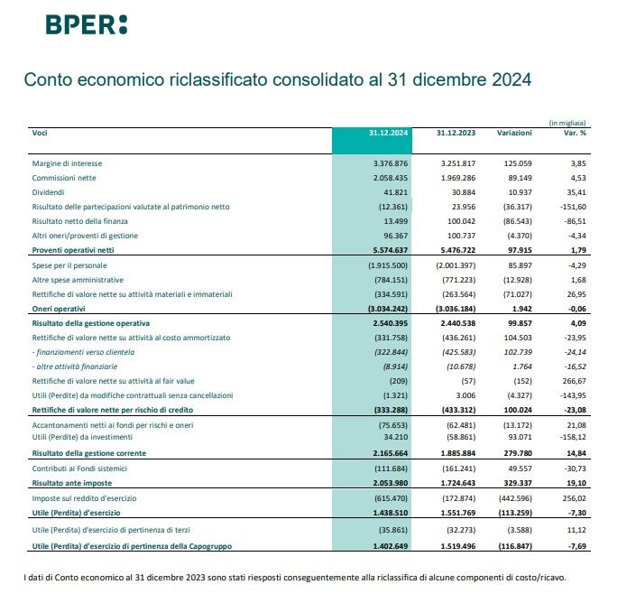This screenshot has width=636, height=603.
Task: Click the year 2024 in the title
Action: tap(508, 79)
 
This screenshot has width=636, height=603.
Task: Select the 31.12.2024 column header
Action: tap(389, 133)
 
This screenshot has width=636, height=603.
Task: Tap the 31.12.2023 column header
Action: tap(455, 133)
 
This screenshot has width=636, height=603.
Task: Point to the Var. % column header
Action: tap(575, 133)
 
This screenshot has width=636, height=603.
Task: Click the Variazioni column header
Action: tap(514, 133)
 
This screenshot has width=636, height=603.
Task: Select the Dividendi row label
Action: tap(49, 192)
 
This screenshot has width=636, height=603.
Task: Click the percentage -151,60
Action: tap(573, 207)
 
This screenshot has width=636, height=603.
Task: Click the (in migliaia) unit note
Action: tap(567, 122)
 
